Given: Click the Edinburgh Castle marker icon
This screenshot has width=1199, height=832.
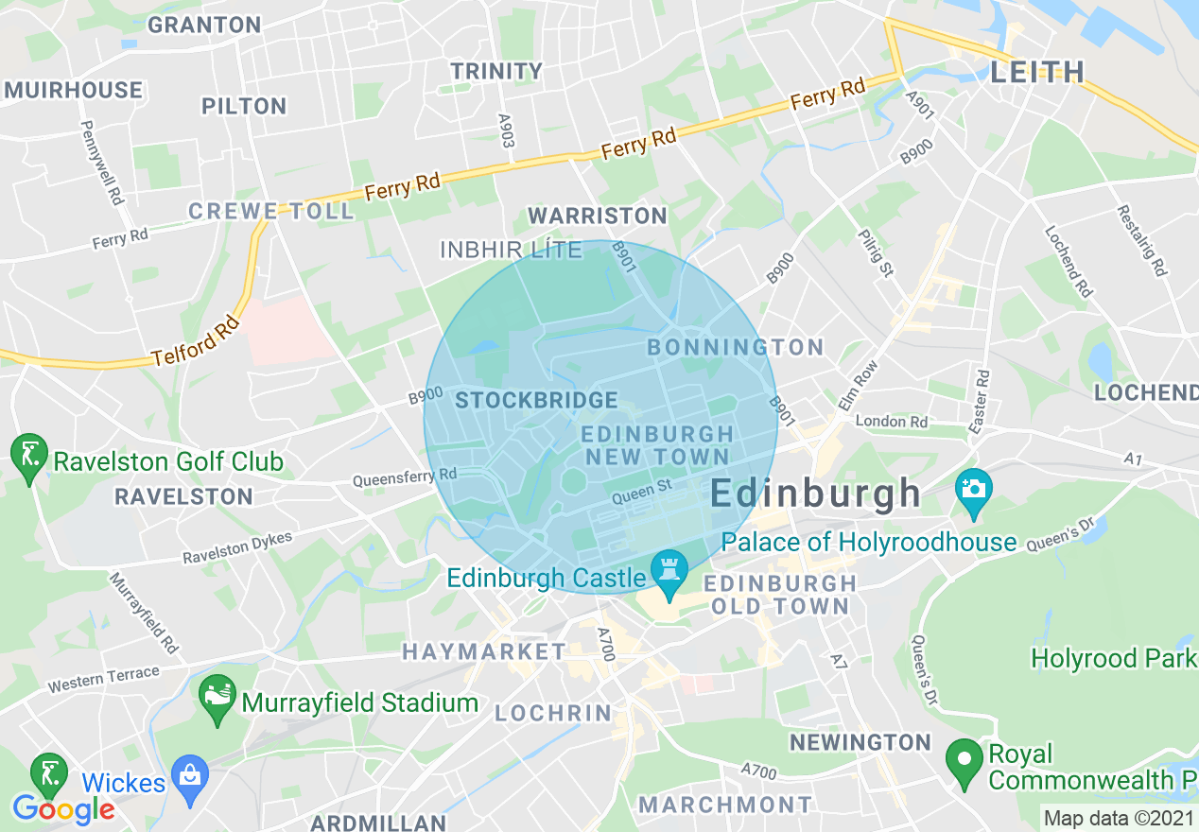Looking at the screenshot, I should point(669,572).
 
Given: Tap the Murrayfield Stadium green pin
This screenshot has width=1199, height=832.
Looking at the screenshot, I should point(217,699).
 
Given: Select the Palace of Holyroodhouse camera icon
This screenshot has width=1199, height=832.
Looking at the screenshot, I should point(973,489).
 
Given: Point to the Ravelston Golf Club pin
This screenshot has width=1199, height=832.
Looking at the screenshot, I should point(28,457).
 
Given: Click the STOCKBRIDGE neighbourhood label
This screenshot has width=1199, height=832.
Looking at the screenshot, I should point(536,400).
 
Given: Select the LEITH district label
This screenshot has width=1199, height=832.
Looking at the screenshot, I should point(1037,72).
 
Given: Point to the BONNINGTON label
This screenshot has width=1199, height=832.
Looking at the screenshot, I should point(736,347).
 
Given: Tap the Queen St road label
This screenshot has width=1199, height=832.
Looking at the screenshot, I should point(640,491).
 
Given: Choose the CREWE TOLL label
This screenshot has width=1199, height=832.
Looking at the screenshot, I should point(270,210).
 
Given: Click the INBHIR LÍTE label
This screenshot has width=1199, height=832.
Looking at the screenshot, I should point(511,250).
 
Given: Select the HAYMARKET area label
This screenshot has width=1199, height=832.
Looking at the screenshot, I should point(483,651).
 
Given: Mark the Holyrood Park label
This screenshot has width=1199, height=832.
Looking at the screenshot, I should point(1113,657).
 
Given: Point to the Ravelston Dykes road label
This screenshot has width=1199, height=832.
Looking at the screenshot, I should point(237,547).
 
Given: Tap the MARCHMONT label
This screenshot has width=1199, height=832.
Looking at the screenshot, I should point(724,805).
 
